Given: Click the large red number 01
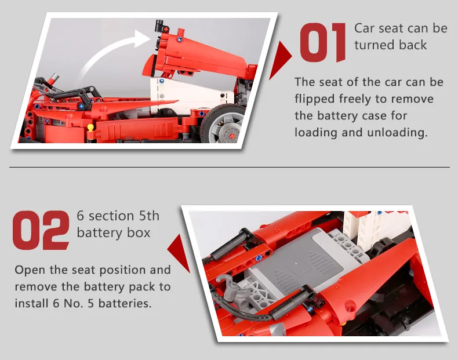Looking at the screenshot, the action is (x=323, y=43).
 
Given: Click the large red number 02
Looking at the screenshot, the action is (x=41, y=230).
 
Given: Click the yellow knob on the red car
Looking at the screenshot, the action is (x=90, y=128).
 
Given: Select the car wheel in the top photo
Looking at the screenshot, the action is (x=223, y=124).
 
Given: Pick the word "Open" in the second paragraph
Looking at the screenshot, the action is (x=30, y=270).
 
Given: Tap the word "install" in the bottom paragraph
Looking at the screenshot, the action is (x=31, y=303).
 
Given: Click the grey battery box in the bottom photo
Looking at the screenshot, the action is (x=304, y=263).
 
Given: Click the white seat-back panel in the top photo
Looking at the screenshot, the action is (x=191, y=95).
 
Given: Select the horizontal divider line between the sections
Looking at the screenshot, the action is (x=230, y=168).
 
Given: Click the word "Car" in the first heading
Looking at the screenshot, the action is (x=364, y=28).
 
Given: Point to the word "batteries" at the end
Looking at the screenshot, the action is (x=125, y=303).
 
